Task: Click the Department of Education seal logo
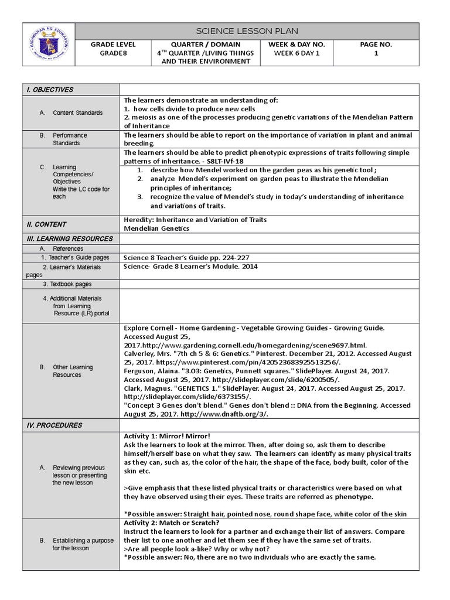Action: pyautogui.click(x=49, y=45)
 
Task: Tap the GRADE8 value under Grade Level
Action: pyautogui.click(x=113, y=53)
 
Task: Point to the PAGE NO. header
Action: pyautogui.click(x=376, y=45)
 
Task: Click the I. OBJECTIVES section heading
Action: pyautogui.click(x=49, y=90)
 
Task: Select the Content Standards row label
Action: pyautogui.click(x=77, y=112)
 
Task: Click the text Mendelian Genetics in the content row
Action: pyautogui.click(x=156, y=229)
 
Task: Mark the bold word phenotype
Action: pyautogui.click(x=353, y=496)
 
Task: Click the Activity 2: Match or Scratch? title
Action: pyautogui.click(x=172, y=523)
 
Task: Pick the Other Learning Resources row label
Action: pyautogui.click(x=73, y=371)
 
